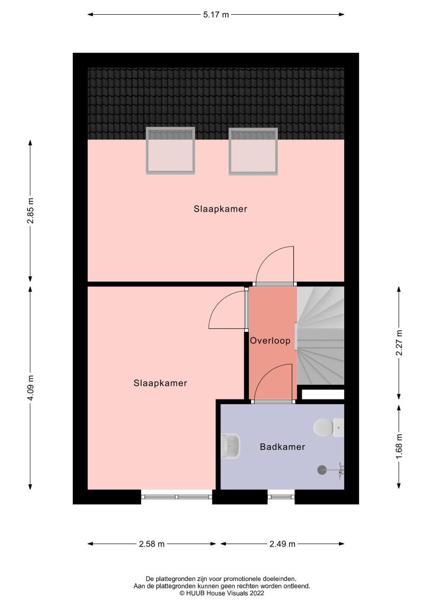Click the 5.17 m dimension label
click(x=216, y=15)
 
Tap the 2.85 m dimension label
click(x=30, y=212)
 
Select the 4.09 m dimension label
click(x=30, y=388)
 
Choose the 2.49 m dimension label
click(x=282, y=544)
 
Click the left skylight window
click(x=170, y=151)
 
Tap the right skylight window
click(x=253, y=151)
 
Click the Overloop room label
click(x=270, y=341)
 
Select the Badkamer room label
click(x=282, y=447)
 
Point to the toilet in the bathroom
click(x=328, y=427)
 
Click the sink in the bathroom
click(x=231, y=446)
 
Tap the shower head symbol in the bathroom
click(x=323, y=469)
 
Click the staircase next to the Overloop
click(x=320, y=335)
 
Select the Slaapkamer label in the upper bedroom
click(x=220, y=209)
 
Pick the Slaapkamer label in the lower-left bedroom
click(x=160, y=383)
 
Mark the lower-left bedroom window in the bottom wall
click(x=177, y=496)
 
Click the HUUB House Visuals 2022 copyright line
click(x=214, y=592)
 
